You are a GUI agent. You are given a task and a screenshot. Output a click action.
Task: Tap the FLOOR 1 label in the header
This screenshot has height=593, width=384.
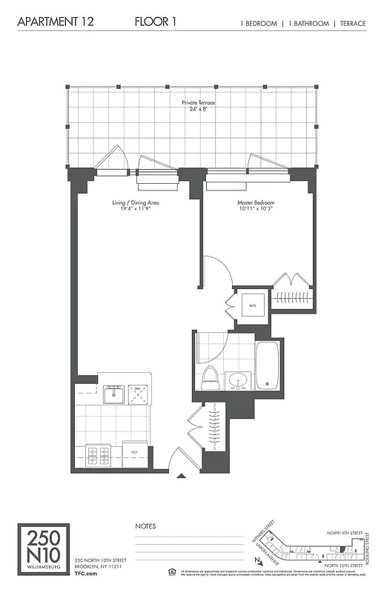[x=156, y=23]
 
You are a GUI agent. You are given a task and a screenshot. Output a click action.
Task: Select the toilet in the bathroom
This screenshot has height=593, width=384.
[x=209, y=376]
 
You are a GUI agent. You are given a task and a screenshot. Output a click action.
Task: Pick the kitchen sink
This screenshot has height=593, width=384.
[x=113, y=392]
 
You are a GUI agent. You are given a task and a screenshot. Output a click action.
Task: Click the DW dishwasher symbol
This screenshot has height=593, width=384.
[x=138, y=392]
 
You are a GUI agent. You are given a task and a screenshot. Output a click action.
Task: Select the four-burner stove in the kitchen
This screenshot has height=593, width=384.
[x=99, y=451]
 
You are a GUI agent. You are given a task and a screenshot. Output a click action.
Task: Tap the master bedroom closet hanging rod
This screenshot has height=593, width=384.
[x=293, y=297]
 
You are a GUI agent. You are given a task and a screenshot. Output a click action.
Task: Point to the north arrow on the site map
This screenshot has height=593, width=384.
[x=256, y=561]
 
